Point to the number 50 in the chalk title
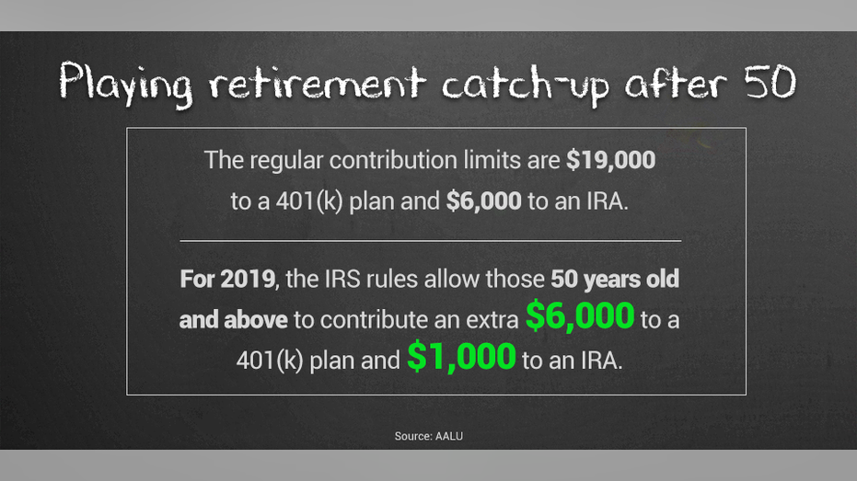click(770, 81)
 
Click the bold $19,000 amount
click(610, 160)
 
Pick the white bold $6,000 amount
click(483, 200)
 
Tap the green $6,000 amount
click(579, 316)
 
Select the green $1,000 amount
click(461, 357)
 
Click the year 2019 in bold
click(248, 279)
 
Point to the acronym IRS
click(342, 279)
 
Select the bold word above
click(256, 320)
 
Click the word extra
click(492, 320)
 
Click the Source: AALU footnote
click(429, 436)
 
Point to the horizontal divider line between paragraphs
click(431, 240)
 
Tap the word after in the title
click(676, 83)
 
